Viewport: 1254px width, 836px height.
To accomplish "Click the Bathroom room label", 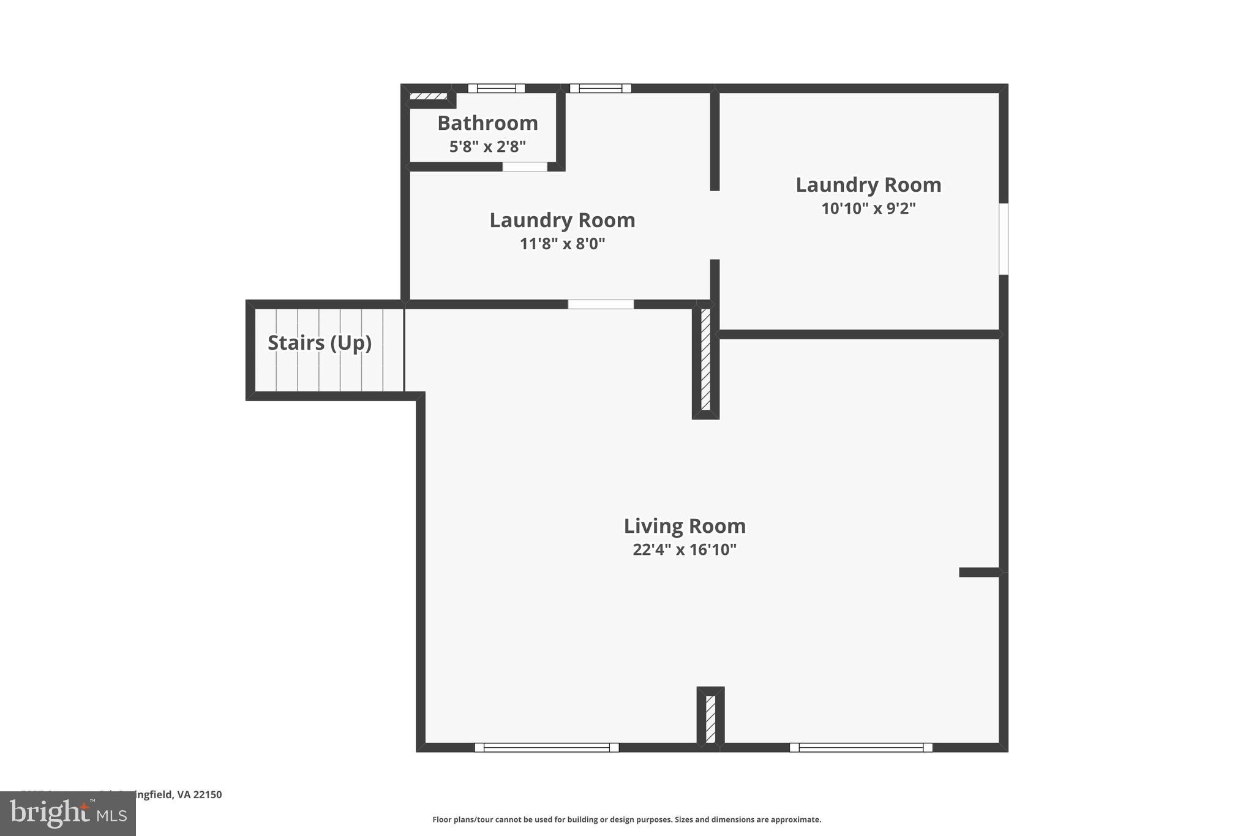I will (487, 123).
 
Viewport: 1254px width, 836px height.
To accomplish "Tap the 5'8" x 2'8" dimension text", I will (487, 147).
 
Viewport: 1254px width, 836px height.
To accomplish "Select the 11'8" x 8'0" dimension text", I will (562, 244).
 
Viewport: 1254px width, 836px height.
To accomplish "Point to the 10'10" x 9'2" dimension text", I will (868, 208).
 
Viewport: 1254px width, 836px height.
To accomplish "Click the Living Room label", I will (685, 526).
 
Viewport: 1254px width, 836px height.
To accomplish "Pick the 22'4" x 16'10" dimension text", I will (685, 549).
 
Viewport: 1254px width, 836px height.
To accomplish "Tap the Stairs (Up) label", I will (320, 343).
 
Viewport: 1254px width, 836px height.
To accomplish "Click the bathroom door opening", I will (525, 167).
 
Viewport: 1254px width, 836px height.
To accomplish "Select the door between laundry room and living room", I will (601, 304).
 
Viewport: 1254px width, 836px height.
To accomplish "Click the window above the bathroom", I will (496, 88).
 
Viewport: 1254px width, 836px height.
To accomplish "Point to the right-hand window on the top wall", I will (600, 88).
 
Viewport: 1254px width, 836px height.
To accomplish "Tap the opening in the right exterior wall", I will (1004, 239).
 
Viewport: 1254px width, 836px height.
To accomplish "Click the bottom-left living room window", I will (547, 747).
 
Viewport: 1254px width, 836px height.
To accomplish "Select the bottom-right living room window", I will (861, 747).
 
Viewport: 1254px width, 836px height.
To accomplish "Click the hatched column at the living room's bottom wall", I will (710, 718).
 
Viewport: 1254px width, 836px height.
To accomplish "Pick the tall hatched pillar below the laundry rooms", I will (705, 360).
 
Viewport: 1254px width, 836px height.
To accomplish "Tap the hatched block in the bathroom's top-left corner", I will (428, 97).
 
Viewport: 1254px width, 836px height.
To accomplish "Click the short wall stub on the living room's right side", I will (980, 573).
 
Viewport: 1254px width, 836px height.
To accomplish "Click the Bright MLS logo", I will (68, 813).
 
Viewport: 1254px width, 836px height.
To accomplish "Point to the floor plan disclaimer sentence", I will (626, 819).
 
